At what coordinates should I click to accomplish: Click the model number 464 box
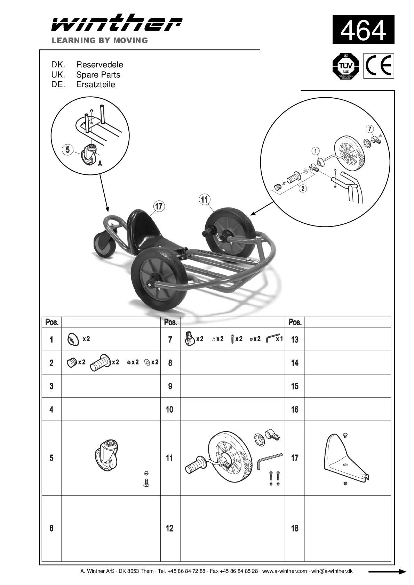(x=363, y=30)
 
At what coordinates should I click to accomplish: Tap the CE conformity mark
(x=379, y=66)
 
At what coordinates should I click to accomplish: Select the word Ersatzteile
(x=96, y=84)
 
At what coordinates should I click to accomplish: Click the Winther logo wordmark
(x=117, y=23)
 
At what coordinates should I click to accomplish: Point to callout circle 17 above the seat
(x=159, y=206)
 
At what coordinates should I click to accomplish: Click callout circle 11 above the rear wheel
(x=205, y=199)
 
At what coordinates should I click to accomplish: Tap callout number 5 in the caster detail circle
(x=67, y=150)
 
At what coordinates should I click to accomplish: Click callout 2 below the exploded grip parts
(x=303, y=189)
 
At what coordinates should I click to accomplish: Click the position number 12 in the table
(x=169, y=528)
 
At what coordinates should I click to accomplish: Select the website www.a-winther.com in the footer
(x=284, y=571)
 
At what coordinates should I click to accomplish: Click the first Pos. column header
(x=52, y=322)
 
